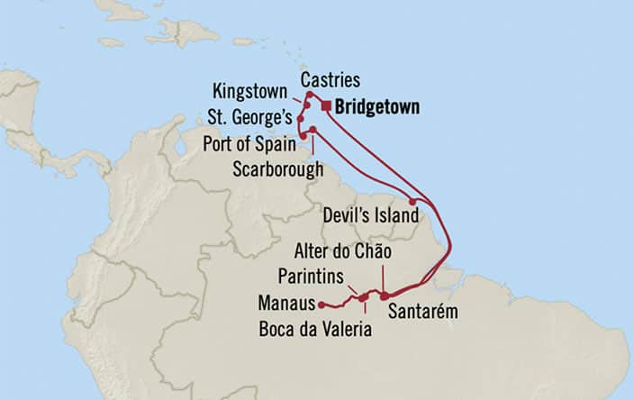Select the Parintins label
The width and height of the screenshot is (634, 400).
(311, 272)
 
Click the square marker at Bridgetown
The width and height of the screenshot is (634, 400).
(326, 106)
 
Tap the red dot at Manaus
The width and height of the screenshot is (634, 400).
(322, 305)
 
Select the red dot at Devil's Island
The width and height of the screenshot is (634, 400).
(412, 202)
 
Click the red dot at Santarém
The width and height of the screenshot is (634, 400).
(385, 295)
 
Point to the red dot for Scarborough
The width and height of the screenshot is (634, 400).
(312, 131)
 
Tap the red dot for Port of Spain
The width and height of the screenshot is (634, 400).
(303, 136)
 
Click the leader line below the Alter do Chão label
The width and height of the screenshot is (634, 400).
(385, 275)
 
